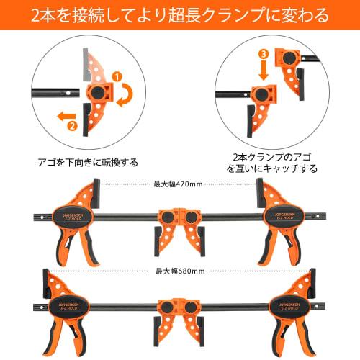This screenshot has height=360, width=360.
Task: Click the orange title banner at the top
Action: (180, 14)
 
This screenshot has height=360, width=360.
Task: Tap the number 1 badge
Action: (117, 75)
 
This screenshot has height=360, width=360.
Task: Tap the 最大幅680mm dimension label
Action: (180, 271)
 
